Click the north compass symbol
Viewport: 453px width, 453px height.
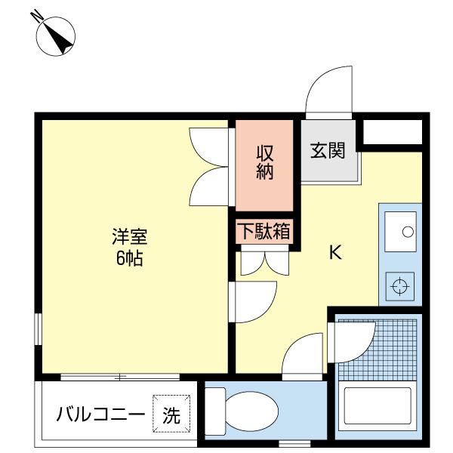coord(55,36)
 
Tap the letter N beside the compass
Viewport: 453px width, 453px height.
coord(37,15)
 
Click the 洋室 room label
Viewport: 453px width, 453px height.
coord(130,237)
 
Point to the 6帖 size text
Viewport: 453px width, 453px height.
coord(129,258)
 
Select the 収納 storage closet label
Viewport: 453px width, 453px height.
coord(265,162)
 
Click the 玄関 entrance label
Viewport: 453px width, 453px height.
coord(328,150)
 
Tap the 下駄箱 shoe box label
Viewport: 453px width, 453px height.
coord(265,232)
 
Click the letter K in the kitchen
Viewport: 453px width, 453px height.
coord(336,252)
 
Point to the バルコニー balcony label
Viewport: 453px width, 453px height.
coord(100,414)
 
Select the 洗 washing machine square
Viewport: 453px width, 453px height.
coord(171,414)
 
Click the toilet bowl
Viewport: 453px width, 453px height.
coord(251,411)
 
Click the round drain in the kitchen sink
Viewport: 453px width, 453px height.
coord(408,232)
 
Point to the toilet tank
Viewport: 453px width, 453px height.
coord(215,411)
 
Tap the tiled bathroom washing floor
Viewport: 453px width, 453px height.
coord(377,350)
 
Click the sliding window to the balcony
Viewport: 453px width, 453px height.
coord(120,377)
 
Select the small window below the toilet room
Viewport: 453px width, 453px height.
coord(294,443)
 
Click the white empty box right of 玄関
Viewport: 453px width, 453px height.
coord(393,131)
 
